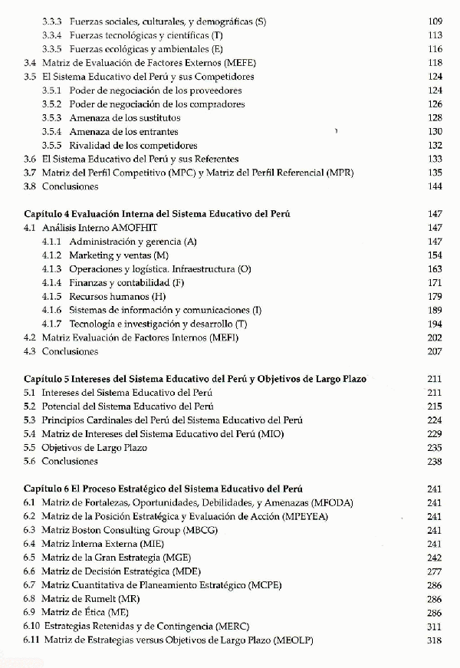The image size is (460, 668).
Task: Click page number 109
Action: point(435,21)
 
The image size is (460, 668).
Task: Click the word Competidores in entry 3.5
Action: point(227,77)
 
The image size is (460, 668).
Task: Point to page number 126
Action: point(435,104)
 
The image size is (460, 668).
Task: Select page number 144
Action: point(435,187)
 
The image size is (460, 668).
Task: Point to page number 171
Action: point(435,283)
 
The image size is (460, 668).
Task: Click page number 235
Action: point(435,448)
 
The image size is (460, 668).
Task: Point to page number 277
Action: point(435,571)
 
